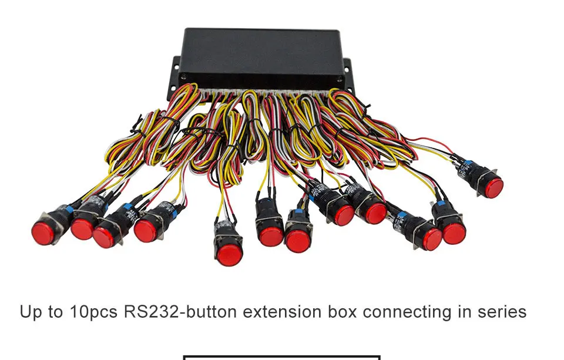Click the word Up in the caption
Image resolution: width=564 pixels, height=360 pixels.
[32, 312]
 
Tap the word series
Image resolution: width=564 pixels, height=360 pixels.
[504, 311]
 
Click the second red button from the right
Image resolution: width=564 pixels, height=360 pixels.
[454, 233]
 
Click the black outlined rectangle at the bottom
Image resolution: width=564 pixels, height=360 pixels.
[281, 356]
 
